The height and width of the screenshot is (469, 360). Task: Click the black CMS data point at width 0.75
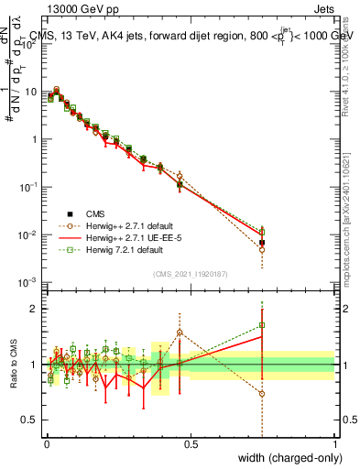pyautogui.click(x=262, y=243)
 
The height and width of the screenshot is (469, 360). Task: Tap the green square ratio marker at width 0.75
pyautogui.click(x=262, y=324)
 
